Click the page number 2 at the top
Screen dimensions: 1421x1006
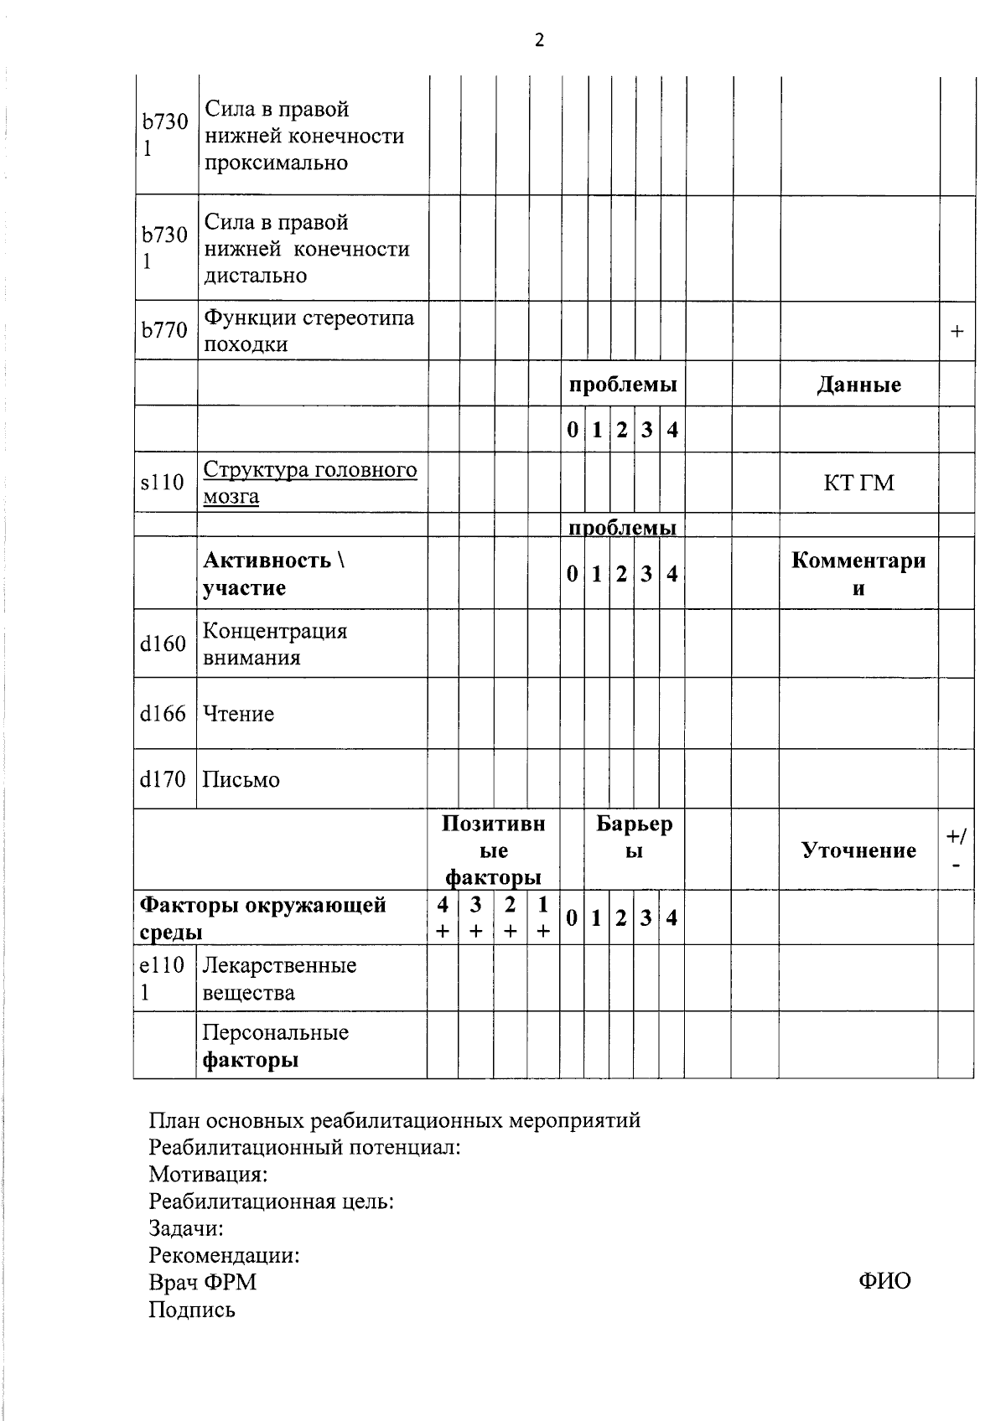539,40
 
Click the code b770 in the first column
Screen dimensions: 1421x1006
164,331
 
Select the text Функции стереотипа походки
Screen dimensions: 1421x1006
309,331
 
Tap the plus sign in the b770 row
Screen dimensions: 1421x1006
957,332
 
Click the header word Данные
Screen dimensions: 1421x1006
859,385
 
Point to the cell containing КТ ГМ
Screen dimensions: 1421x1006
859,483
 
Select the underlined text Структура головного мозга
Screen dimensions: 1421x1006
309,483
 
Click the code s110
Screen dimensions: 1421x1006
163,483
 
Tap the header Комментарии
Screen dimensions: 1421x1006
858,574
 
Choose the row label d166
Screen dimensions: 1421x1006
163,714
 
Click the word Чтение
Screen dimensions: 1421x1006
239,714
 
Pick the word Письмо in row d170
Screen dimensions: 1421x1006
241,780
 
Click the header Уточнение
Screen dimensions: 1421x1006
859,850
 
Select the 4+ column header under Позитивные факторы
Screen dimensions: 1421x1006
443,917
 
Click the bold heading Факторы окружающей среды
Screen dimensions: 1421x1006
263,918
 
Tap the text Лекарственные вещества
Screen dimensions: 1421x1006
279,979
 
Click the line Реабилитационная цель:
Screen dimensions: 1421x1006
272,1201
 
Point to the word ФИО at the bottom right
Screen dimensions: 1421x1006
884,1280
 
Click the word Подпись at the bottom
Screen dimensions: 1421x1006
192,1310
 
